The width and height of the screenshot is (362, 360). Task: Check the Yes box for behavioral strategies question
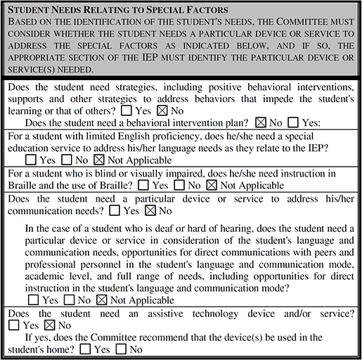tap(127, 111)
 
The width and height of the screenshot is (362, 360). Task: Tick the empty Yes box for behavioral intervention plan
tap(292, 124)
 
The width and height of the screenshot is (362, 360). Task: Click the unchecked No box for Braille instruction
tap(179, 186)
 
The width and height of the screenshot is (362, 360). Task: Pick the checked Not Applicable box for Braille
tap(212, 186)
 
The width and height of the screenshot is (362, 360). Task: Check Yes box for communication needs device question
tap(129, 210)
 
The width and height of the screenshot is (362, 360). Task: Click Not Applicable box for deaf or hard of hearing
tap(102, 300)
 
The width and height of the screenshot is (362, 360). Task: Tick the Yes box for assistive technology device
tap(14, 325)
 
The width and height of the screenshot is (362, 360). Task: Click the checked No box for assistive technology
tap(49, 325)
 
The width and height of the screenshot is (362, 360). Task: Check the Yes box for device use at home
tap(85, 349)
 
